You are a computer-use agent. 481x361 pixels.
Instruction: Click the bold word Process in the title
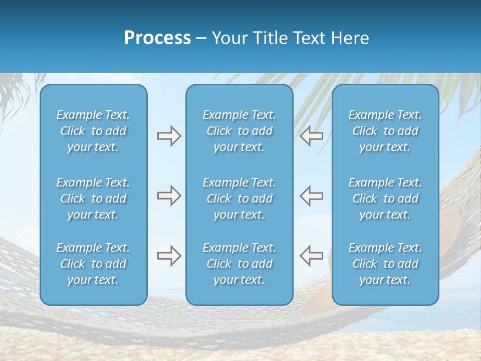(157, 38)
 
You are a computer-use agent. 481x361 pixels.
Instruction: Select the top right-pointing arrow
(169, 136)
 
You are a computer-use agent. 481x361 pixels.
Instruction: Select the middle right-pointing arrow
(169, 196)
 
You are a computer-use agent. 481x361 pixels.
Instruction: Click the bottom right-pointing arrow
(169, 256)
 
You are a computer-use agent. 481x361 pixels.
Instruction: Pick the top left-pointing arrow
(311, 136)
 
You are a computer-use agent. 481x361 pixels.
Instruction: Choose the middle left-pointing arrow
(311, 196)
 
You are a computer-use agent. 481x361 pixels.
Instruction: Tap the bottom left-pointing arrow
(311, 256)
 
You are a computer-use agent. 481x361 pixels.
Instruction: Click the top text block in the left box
(93, 131)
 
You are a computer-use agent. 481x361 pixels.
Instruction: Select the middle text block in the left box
(93, 199)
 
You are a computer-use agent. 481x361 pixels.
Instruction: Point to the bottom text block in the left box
(93, 264)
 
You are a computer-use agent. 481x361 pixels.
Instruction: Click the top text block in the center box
(239, 131)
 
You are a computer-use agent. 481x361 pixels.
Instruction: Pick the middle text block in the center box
(239, 199)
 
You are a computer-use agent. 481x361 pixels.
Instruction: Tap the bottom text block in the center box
(239, 264)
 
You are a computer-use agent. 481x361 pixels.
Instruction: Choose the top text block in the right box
(385, 131)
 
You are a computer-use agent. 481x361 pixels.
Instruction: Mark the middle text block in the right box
(385, 199)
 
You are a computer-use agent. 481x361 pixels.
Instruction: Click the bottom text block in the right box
(385, 264)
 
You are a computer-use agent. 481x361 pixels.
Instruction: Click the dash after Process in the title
(201, 39)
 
